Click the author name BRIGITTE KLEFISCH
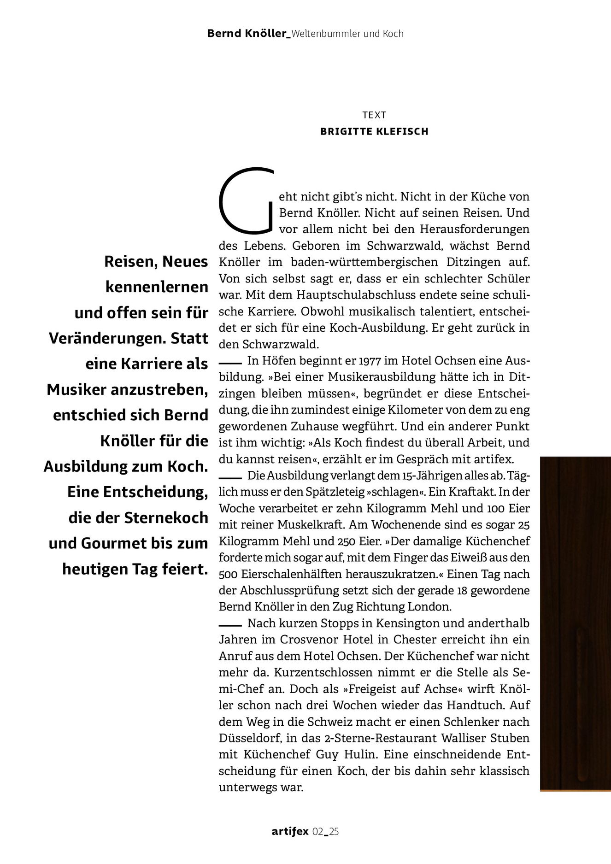click(x=374, y=131)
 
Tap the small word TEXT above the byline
click(x=374, y=115)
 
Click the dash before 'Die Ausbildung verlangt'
click(x=230, y=476)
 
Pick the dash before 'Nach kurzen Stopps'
click(x=230, y=624)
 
